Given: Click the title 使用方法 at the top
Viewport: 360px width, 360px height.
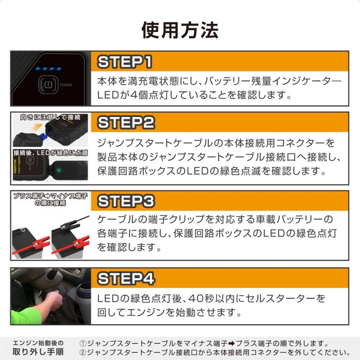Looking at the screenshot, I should click(179, 29).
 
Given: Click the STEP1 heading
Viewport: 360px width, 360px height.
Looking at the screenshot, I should click(125, 62).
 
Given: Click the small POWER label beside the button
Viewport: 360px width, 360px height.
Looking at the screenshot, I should click(66, 85).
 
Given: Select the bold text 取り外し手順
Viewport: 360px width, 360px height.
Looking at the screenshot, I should click(37, 352).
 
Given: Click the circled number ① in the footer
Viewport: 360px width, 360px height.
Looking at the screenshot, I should click(83, 343).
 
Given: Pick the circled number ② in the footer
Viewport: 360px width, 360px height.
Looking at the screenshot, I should click(83, 352).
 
